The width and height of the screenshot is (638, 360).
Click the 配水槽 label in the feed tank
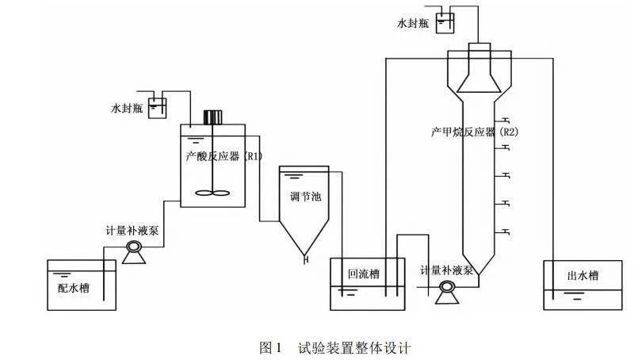[x=73, y=288]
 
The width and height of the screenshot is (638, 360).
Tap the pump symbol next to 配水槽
[x=132, y=251]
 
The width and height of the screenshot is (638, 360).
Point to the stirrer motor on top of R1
[x=212, y=117]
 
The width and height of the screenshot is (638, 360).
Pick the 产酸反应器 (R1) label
[x=223, y=156]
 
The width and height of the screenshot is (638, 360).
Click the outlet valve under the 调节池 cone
[x=304, y=256]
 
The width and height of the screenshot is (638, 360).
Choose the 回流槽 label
[x=364, y=274]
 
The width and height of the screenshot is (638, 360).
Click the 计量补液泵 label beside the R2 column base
[x=447, y=270]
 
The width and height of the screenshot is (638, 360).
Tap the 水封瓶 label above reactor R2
[x=413, y=25]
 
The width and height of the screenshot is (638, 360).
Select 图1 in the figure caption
[x=271, y=347]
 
